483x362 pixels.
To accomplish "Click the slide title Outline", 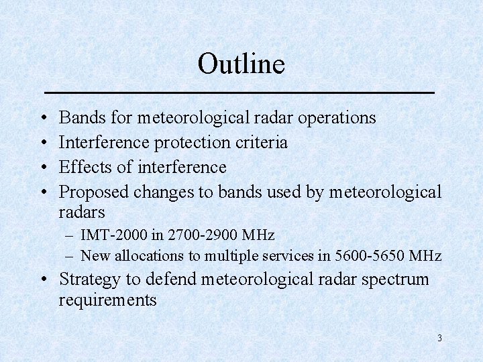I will [x=241, y=64].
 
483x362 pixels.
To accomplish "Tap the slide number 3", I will [x=439, y=338].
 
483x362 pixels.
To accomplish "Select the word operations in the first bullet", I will [x=337, y=118].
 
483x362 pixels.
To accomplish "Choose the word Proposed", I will [x=94, y=192].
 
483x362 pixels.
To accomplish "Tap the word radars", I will [x=82, y=213].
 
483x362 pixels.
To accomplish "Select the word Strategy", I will [x=89, y=280].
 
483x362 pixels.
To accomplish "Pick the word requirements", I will [x=107, y=300].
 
